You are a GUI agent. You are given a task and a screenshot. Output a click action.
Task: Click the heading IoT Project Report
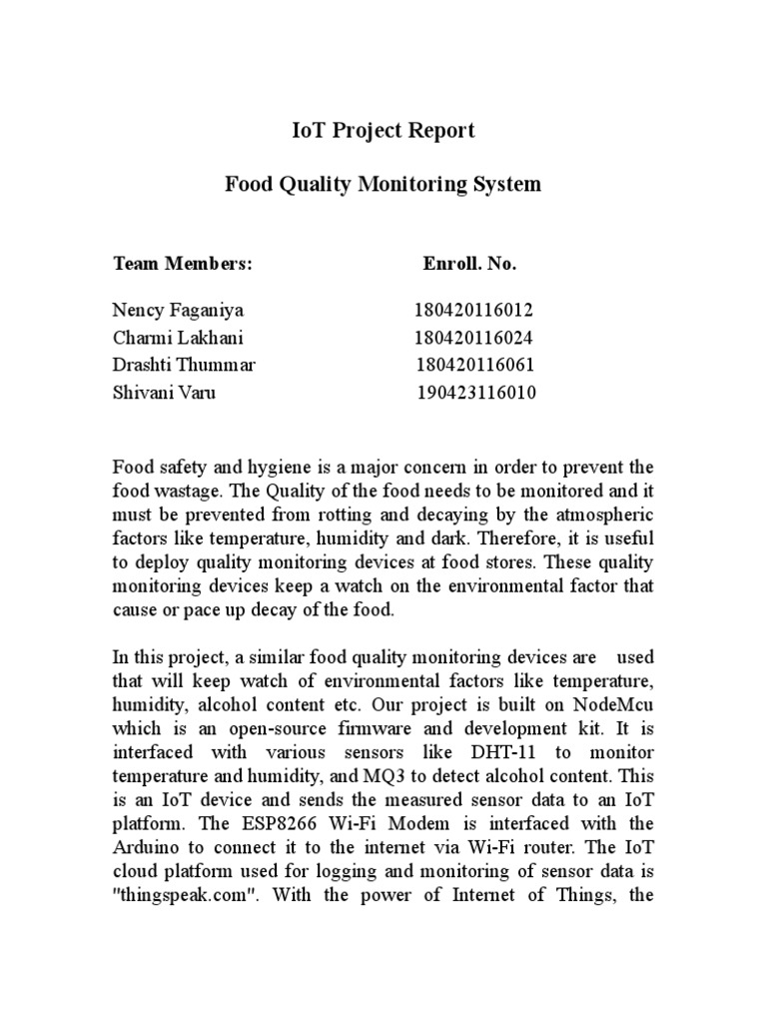click(x=383, y=131)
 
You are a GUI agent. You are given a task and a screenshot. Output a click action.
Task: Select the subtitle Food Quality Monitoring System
click(x=383, y=184)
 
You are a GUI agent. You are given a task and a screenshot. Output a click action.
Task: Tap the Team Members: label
click(x=183, y=265)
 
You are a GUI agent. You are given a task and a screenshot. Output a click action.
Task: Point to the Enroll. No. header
click(x=469, y=265)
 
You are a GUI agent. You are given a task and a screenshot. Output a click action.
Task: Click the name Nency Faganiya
click(x=177, y=310)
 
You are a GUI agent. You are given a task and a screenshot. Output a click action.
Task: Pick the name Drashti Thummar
click(x=184, y=366)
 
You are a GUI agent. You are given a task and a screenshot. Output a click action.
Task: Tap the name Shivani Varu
click(x=164, y=393)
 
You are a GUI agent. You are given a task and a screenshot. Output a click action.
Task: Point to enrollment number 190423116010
click(x=476, y=393)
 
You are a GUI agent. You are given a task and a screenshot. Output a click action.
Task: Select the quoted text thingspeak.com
click(x=183, y=894)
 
